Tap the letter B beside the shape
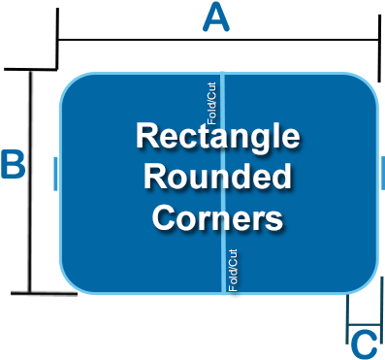click(x=13, y=165)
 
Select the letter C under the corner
click(x=363, y=344)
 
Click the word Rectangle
click(x=217, y=136)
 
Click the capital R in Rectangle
click(x=145, y=136)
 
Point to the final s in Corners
click(x=274, y=217)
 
